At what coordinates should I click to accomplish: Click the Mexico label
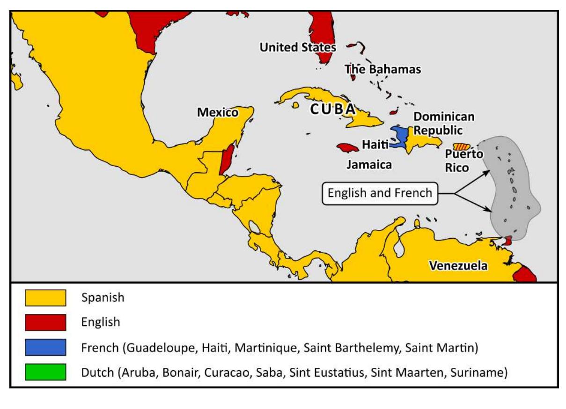pyautogui.click(x=217, y=113)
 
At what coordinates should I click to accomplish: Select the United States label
pyautogui.click(x=298, y=47)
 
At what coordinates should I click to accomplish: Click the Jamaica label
pyautogui.click(x=369, y=165)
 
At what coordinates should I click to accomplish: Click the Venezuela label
pyautogui.click(x=458, y=266)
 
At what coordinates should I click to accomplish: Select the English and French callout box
pyautogui.click(x=380, y=193)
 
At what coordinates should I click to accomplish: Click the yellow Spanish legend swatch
pyautogui.click(x=45, y=298)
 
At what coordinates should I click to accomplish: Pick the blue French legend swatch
pyautogui.click(x=45, y=348)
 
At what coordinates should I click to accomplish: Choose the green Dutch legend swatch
pyautogui.click(x=45, y=373)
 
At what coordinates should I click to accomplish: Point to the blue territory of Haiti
pyautogui.click(x=399, y=136)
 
